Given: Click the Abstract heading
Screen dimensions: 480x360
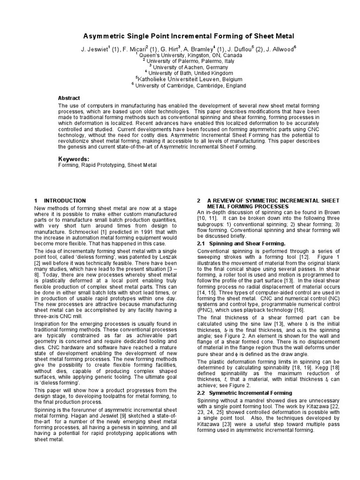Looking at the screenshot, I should [x=69, y=98].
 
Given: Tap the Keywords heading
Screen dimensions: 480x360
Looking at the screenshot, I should [x=73, y=159].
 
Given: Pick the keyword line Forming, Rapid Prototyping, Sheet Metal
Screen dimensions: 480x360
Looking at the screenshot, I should [x=107, y=165].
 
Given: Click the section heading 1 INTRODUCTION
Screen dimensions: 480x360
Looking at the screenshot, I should [x=60, y=201].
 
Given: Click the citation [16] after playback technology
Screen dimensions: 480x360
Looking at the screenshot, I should [x=299, y=310].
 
